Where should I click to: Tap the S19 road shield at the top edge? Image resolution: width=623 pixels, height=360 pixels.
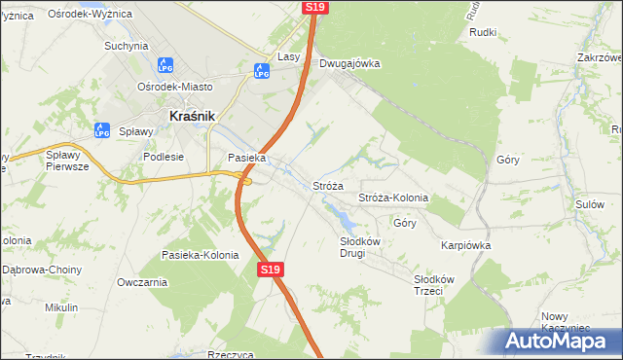[314, 7]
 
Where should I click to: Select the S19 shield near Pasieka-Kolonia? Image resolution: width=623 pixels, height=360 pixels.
[271, 270]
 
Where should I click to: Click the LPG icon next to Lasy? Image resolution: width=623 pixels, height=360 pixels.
[261, 70]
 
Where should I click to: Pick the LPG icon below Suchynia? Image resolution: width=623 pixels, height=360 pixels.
[165, 64]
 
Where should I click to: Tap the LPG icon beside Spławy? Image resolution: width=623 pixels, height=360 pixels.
[102, 130]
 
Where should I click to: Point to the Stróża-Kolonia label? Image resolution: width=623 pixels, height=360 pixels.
[393, 198]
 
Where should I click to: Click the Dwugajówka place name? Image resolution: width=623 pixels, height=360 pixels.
[349, 64]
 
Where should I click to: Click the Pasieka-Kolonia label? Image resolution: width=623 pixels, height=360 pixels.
[200, 255]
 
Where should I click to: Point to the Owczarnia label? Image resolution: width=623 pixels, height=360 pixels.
[142, 282]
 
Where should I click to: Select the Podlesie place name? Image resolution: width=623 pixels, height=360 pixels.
[164, 156]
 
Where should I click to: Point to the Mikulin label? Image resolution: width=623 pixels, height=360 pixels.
[61, 307]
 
